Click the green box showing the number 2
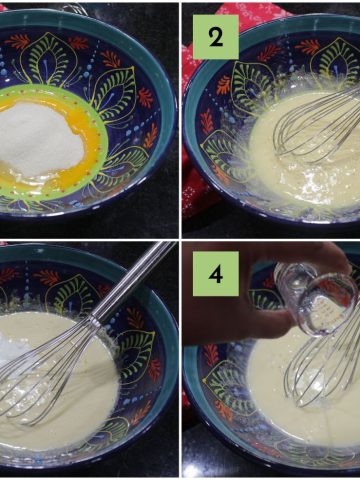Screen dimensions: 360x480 pyautogui.click(x=216, y=37)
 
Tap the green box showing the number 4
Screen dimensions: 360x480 pyautogui.click(x=216, y=274)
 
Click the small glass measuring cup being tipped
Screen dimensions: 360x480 pyautogui.click(x=317, y=297)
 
